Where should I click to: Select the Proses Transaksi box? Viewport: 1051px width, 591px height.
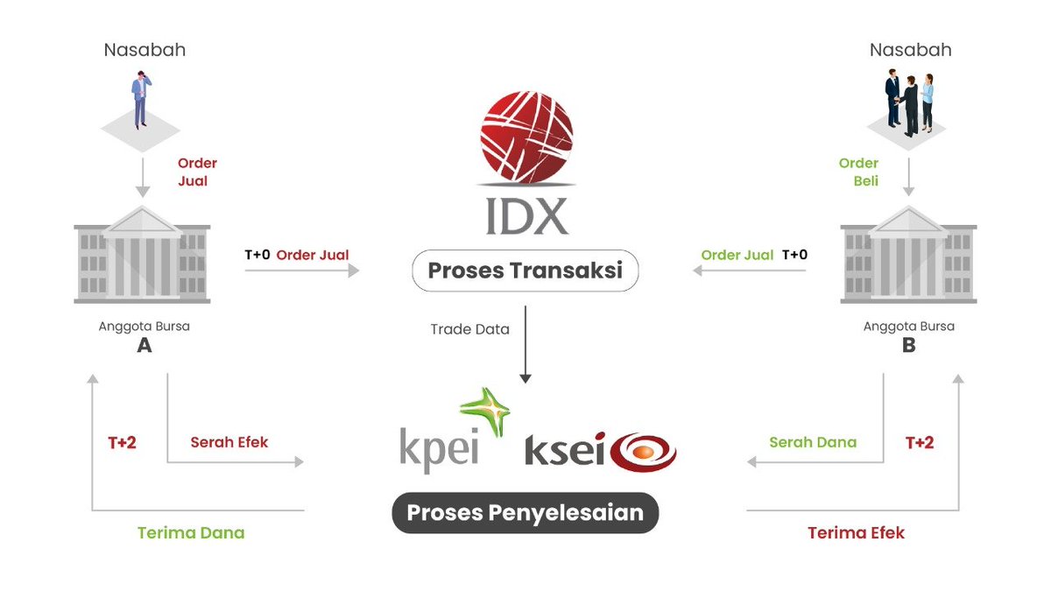point(525,271)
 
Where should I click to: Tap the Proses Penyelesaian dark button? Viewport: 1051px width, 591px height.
point(525,512)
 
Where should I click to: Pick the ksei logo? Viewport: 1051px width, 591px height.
point(600,451)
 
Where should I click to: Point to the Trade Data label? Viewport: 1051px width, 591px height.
point(469,330)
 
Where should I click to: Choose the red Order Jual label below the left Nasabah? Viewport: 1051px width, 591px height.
point(197,172)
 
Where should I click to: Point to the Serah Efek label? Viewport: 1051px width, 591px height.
point(229,442)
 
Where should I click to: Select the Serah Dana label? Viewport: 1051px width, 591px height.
point(813,442)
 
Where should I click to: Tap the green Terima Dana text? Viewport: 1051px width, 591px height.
point(191,532)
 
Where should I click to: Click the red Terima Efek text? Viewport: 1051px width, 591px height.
point(856,532)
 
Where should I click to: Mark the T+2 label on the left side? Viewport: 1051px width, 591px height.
point(122,442)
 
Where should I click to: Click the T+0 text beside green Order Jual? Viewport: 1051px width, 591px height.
point(794,255)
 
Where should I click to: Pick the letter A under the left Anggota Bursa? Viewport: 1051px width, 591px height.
point(145,345)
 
